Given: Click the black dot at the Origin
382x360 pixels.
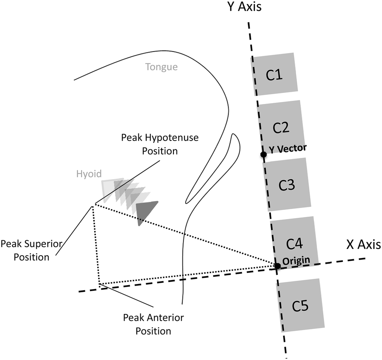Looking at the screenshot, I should (278, 266).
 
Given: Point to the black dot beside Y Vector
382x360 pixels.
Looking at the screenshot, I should (263, 155).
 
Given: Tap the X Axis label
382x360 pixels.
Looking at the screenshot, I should (363, 245).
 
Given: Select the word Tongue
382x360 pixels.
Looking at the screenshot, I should (162, 67).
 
